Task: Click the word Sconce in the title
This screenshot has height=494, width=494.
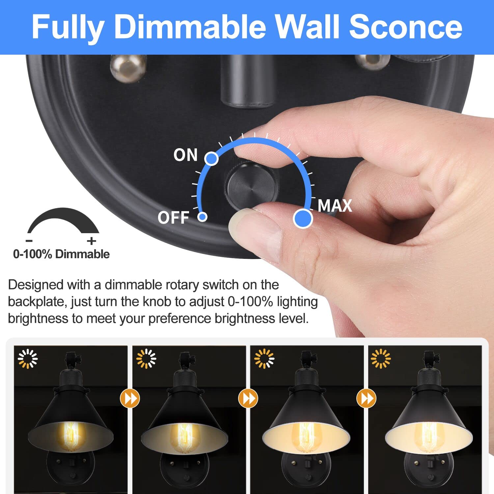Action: (x=405, y=27)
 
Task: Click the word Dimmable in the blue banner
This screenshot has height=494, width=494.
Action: (x=190, y=27)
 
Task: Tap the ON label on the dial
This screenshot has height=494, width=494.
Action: (x=185, y=155)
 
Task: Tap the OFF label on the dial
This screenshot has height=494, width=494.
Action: (x=173, y=218)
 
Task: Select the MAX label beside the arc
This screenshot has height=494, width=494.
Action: (x=335, y=206)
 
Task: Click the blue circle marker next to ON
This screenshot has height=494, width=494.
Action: (x=211, y=158)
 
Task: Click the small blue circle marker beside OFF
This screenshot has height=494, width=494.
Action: (x=203, y=217)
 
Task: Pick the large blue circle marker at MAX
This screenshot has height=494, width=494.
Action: (x=303, y=218)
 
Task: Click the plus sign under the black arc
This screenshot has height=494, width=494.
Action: (x=92, y=241)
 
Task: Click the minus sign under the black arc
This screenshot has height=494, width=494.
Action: (x=29, y=241)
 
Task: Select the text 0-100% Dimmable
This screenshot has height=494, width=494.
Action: (x=61, y=254)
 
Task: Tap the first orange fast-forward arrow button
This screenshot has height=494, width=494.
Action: (x=130, y=398)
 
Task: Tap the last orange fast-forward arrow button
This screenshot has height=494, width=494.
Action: (x=366, y=398)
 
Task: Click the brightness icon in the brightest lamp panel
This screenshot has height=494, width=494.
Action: (x=380, y=358)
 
